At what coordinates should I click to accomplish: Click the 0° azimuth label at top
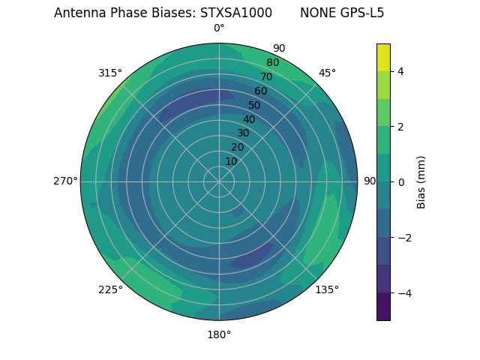[219, 28]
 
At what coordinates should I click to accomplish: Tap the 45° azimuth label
[327, 73]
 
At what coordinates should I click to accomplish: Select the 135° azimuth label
[327, 289]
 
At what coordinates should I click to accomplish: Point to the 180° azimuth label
[219, 334]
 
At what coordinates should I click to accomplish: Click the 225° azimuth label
[110, 289]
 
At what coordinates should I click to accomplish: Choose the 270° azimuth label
[65, 181]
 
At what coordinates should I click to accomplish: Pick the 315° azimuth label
[110, 73]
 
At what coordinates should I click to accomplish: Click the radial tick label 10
[231, 161]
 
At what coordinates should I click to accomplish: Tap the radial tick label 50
[254, 105]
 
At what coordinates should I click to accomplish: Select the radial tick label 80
[272, 63]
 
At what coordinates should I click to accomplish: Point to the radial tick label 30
[243, 133]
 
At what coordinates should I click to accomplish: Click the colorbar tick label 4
[400, 71]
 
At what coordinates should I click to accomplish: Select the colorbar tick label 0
[400, 182]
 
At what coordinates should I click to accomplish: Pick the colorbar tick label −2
[403, 238]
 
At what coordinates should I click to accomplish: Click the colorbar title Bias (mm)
[421, 182]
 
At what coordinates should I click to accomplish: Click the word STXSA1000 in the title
[236, 13]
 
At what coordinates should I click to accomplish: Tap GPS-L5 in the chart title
[359, 13]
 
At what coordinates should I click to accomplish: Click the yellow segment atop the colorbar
[383, 57]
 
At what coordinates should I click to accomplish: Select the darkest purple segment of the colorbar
[383, 307]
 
